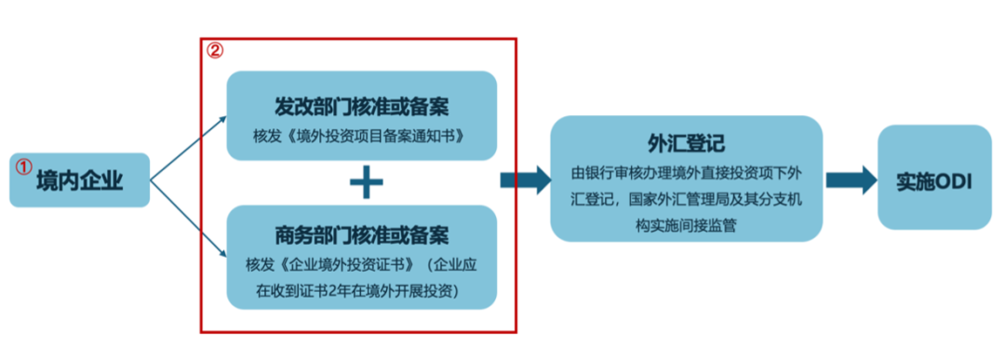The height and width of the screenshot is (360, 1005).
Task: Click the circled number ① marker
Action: coord(23,167)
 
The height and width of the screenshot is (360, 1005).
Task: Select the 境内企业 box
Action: coord(79,180)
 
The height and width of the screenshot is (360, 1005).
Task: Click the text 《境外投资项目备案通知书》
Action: coord(377,136)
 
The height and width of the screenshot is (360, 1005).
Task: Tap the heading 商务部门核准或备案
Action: coord(362,233)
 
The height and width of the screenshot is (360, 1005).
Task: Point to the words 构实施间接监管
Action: coord(687,225)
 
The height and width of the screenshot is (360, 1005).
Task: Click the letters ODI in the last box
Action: coord(954,180)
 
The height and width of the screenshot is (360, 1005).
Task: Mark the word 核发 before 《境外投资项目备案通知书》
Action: coord(265,136)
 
